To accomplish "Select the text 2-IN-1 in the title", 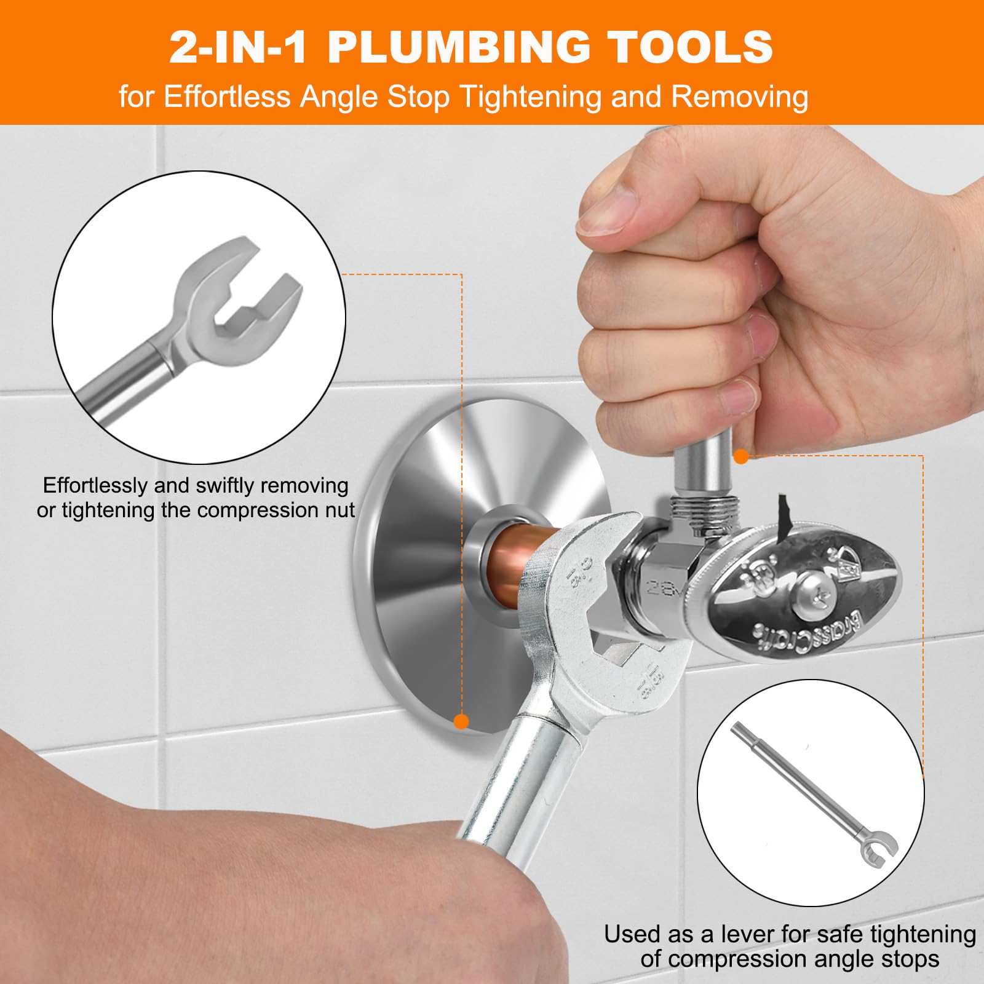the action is point(238,47).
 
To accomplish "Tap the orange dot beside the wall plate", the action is point(461,721).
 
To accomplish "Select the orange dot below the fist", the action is point(741,456).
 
